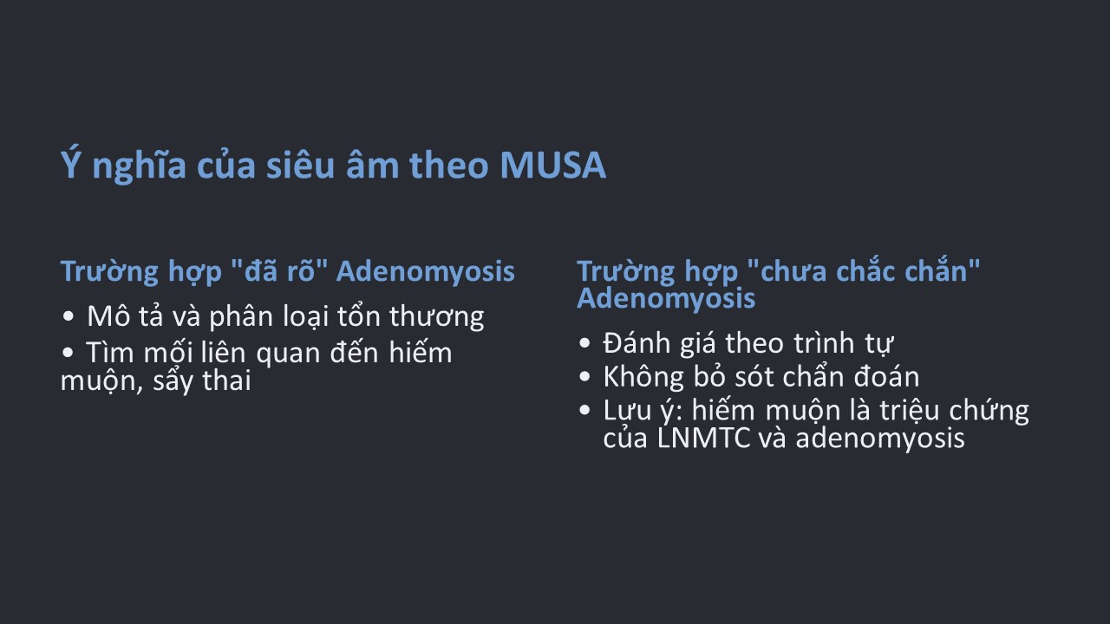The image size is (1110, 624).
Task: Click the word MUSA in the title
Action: point(552,165)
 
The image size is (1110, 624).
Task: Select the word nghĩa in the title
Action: point(139,166)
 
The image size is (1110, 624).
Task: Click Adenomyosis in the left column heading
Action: point(426,271)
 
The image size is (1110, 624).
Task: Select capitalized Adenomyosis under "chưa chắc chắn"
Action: point(666,299)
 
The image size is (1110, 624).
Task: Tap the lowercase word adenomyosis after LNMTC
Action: point(880,439)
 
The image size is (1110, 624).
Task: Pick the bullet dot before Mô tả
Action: point(68,316)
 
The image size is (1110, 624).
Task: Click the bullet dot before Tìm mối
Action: point(68,353)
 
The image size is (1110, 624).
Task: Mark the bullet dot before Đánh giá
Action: point(584,343)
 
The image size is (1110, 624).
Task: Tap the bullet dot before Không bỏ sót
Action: point(584,376)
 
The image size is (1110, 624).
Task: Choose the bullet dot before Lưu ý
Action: point(584,410)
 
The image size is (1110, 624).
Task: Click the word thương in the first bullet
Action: point(436,317)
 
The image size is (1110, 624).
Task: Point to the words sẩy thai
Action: point(202,381)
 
